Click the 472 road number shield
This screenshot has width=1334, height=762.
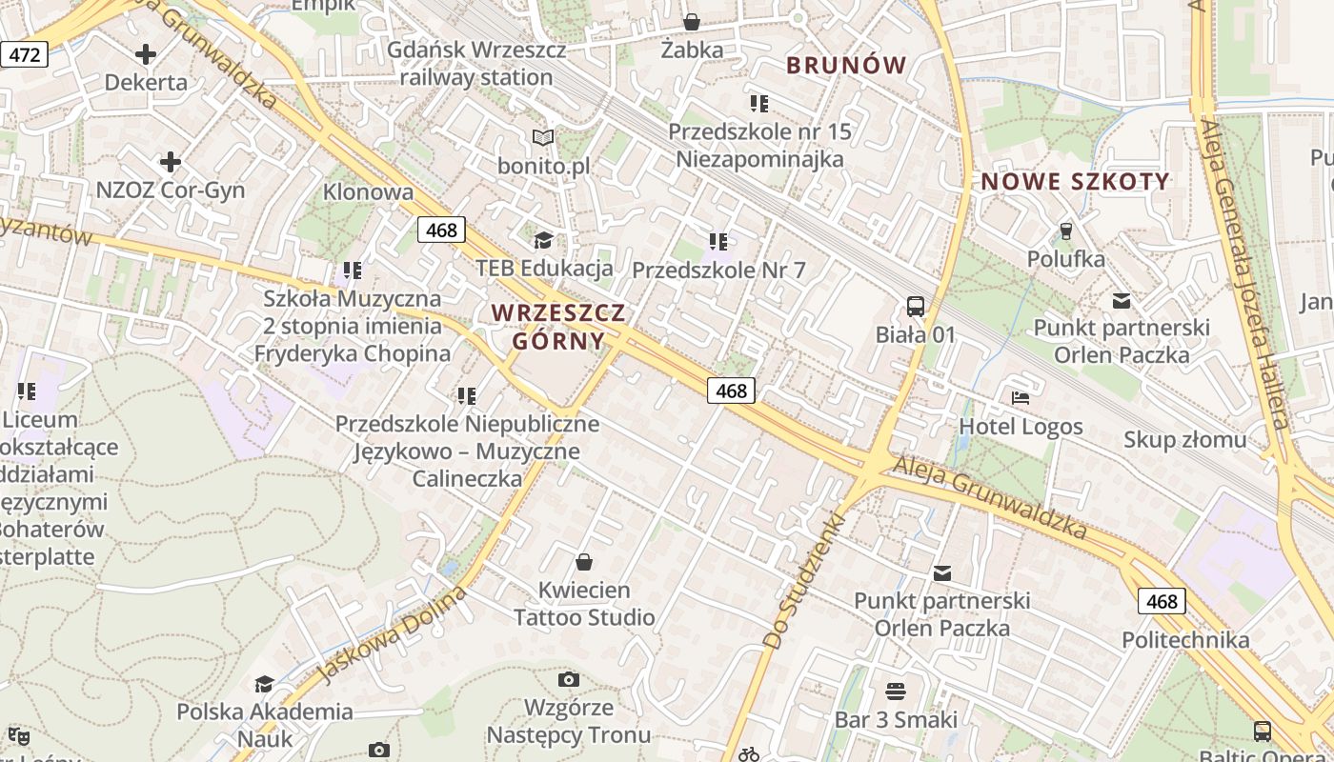click(24, 54)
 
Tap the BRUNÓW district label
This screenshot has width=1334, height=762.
click(846, 65)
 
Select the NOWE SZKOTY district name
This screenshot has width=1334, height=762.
click(1075, 181)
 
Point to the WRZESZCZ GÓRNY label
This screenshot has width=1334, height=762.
click(558, 327)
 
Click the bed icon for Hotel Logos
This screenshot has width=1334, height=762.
click(1021, 397)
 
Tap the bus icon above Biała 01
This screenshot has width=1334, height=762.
click(915, 306)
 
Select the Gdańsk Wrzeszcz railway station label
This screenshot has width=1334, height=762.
click(476, 64)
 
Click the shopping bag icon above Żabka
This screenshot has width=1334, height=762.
click(692, 21)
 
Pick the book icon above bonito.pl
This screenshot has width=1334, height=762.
click(543, 138)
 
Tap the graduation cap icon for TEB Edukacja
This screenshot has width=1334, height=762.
click(543, 239)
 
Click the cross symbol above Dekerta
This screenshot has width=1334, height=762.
click(146, 54)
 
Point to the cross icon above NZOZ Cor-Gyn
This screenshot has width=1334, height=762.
click(171, 162)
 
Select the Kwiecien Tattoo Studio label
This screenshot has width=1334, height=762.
click(584, 604)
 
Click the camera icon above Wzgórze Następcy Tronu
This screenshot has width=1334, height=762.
click(569, 679)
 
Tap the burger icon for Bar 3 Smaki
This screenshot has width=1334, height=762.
click(895, 690)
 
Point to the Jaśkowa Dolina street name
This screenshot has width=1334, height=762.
click(392, 635)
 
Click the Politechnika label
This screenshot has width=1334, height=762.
click(1185, 639)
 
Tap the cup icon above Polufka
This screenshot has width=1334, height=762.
click(1065, 231)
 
